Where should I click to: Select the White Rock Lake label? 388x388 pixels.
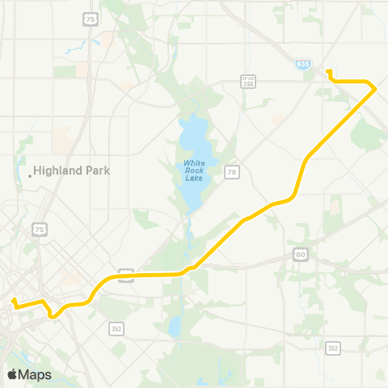194,171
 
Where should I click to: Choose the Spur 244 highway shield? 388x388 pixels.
249,82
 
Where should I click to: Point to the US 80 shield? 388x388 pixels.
301,255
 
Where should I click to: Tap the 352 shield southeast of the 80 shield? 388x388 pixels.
333,348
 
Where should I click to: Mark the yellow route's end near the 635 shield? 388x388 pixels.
328,72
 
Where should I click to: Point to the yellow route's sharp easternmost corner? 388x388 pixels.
374,86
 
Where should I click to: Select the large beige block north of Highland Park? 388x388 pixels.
61,141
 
